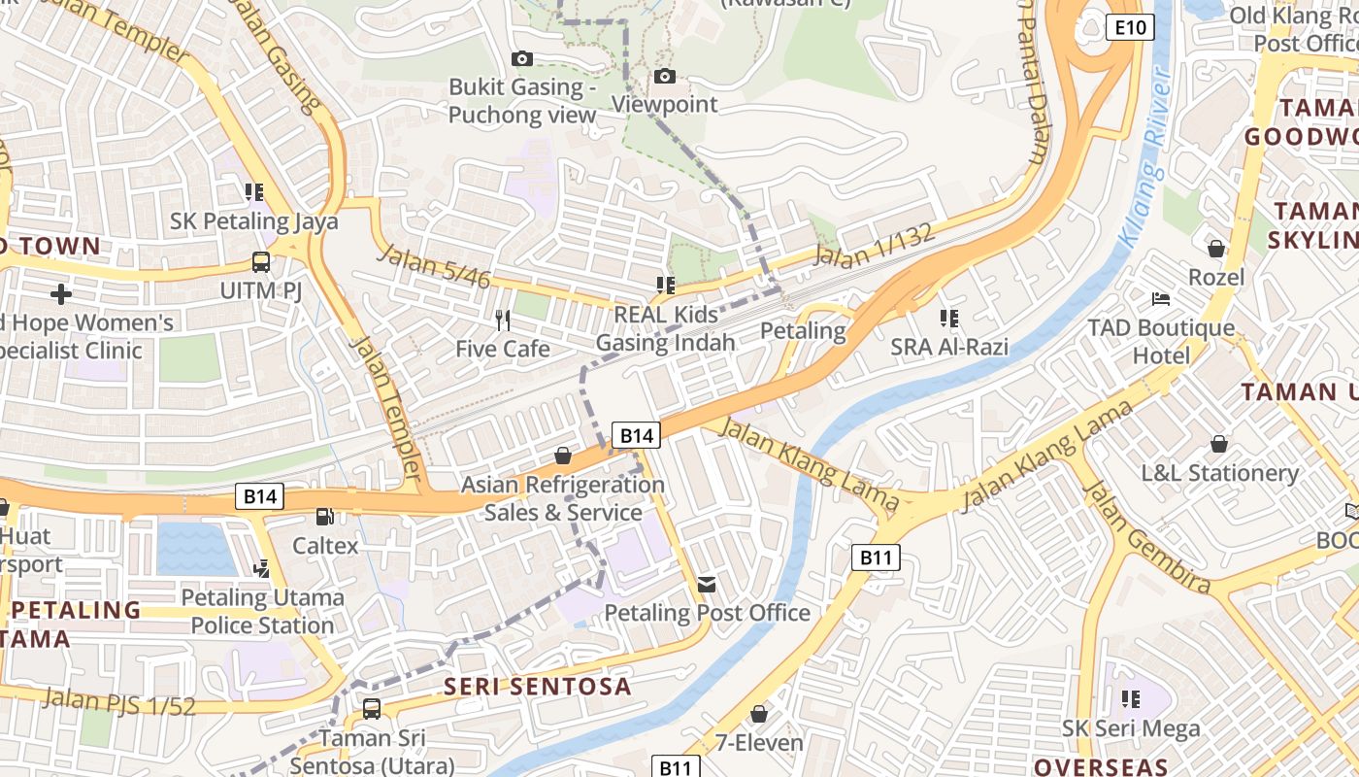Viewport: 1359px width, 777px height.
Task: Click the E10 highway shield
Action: coord(1130,27)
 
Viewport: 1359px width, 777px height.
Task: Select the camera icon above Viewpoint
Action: coord(665,76)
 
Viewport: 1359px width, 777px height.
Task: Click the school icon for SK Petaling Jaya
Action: coord(254,191)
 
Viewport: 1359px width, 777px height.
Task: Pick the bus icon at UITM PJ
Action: coord(261,261)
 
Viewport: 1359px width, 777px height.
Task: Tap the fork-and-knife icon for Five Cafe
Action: coord(502,320)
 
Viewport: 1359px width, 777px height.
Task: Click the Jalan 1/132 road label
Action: coord(875,246)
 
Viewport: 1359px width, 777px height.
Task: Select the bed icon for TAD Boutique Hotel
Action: coord(1160,299)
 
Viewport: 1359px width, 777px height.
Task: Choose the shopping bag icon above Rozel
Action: coord(1215,249)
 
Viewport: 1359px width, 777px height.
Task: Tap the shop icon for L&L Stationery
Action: coord(1218,444)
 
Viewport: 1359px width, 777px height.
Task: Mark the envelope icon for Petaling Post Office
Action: coord(707,584)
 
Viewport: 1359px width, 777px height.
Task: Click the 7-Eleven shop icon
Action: coord(759,714)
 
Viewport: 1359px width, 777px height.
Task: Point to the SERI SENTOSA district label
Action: coord(538,687)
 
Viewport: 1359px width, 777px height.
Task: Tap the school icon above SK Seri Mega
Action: coord(1130,698)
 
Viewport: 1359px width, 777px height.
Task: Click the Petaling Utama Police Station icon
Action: coord(261,568)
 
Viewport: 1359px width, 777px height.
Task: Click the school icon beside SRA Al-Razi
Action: coord(948,318)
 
